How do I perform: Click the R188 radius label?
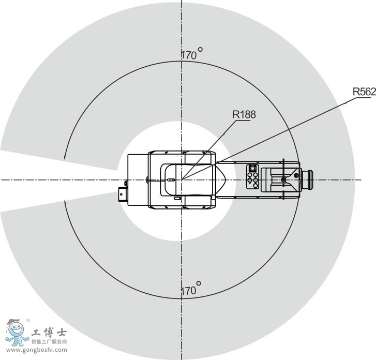click(x=244, y=114)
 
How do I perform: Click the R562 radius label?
click(x=364, y=92)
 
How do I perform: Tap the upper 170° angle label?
click(x=191, y=53)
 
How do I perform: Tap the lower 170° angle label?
click(x=191, y=289)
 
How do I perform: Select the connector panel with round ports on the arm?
click(x=253, y=176)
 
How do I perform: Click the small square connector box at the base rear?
click(x=122, y=194)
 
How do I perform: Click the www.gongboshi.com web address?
click(x=37, y=350)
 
